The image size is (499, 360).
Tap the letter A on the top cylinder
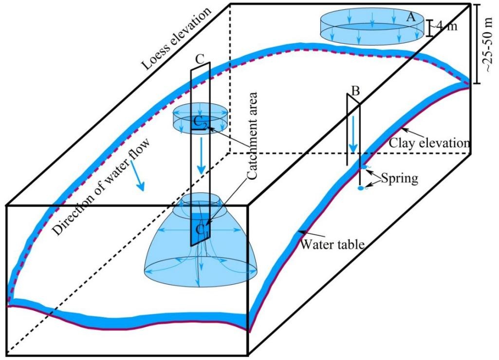click(x=410, y=17)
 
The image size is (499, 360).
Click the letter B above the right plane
click(x=355, y=91)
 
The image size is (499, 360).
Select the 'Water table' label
click(x=333, y=244)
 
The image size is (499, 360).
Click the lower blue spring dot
click(x=361, y=189)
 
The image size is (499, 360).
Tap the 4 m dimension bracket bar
click(x=429, y=28)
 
